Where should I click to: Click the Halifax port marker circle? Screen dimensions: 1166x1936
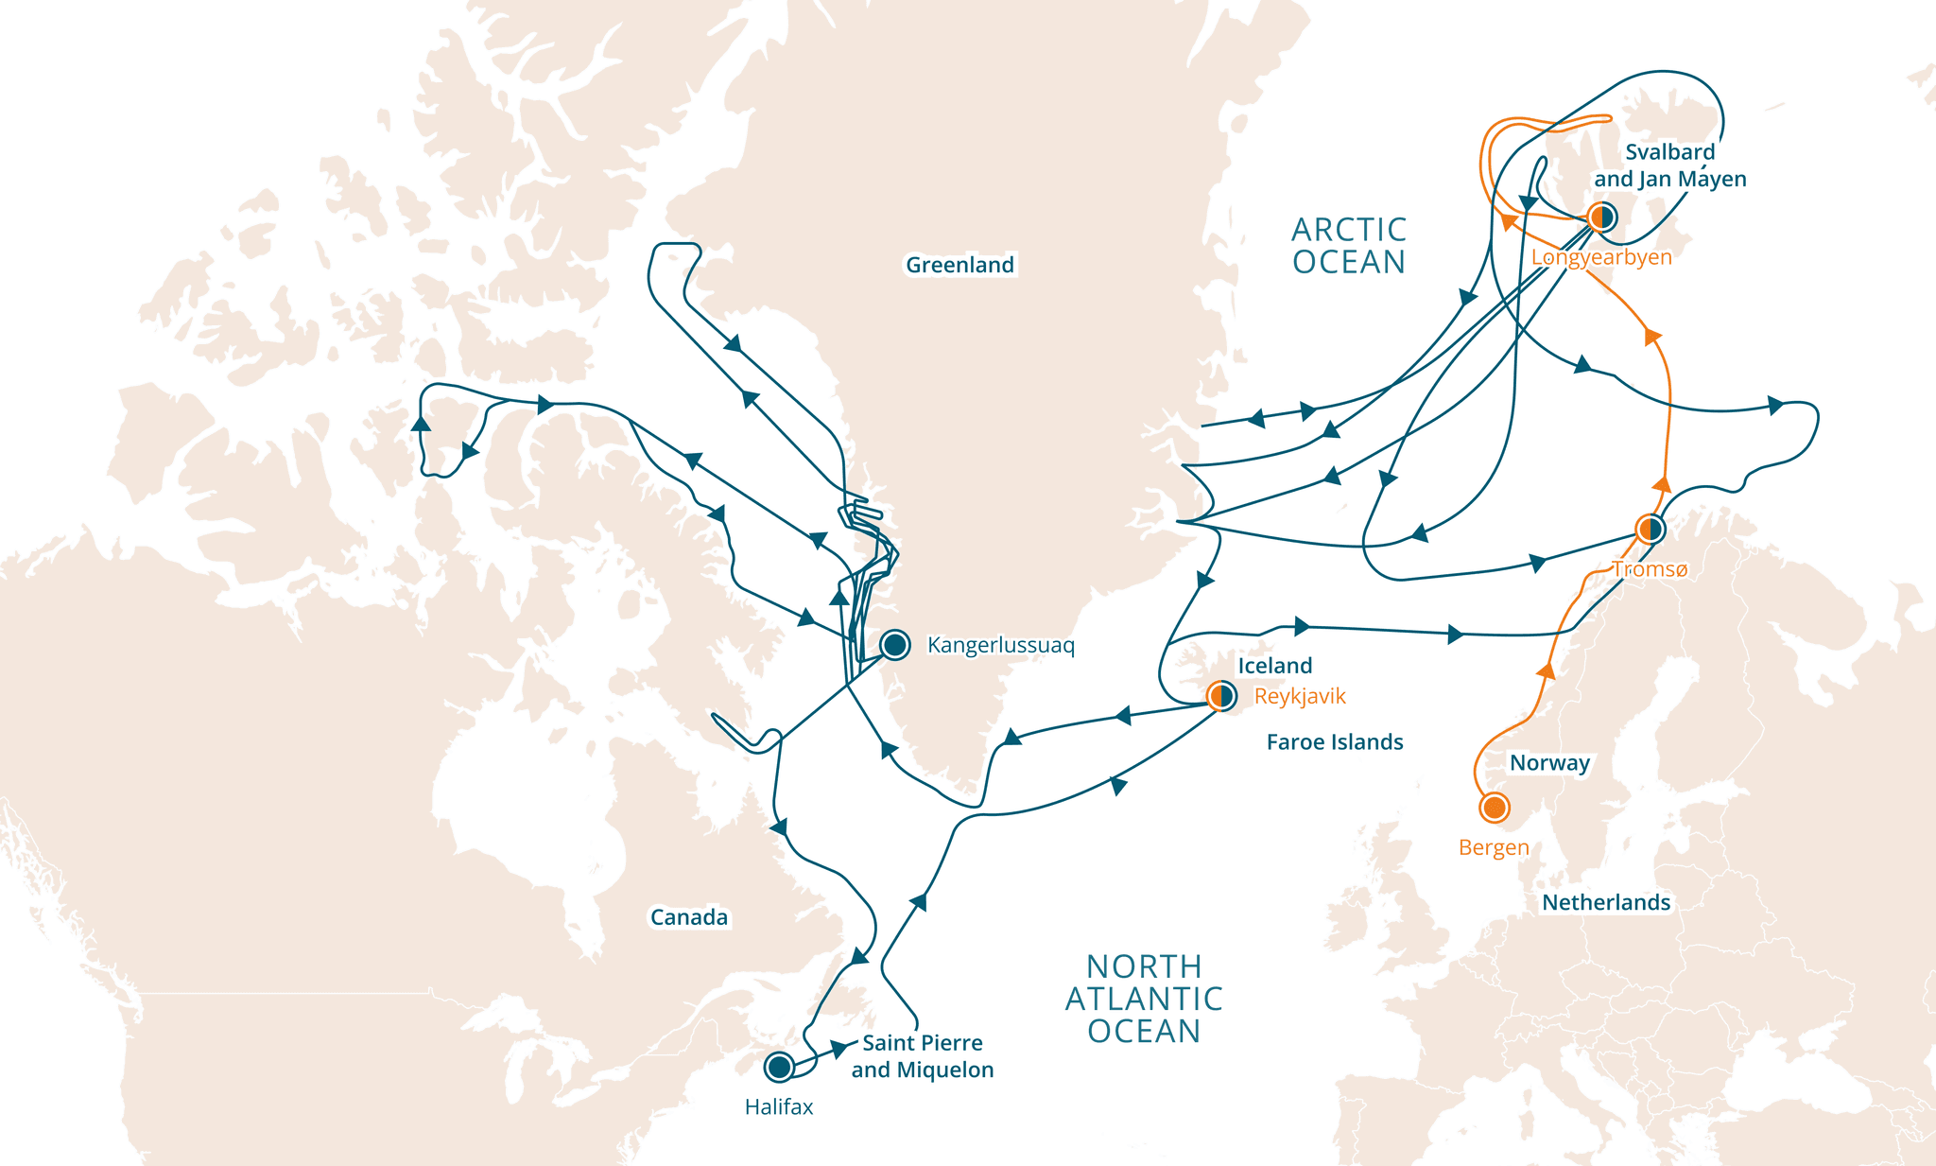(x=779, y=1067)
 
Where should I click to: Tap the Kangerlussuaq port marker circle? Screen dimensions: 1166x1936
(x=894, y=645)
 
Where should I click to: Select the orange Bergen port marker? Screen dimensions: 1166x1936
(x=1494, y=808)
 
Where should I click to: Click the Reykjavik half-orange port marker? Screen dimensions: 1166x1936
(x=1222, y=697)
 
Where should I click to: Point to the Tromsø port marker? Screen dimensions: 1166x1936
(x=1650, y=529)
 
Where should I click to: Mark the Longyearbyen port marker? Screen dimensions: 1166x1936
(x=1601, y=218)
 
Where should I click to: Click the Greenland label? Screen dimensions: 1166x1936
(x=959, y=265)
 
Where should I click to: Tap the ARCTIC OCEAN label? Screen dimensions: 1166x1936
(x=1349, y=246)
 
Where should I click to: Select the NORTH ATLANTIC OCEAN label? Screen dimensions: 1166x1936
(x=1144, y=999)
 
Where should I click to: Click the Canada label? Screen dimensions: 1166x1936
(x=688, y=917)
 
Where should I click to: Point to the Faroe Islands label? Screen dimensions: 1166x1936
(x=1334, y=742)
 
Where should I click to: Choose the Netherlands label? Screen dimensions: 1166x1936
(x=1606, y=902)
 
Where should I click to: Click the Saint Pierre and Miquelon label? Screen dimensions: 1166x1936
(x=922, y=1056)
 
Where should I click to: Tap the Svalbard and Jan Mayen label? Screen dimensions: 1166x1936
(x=1669, y=165)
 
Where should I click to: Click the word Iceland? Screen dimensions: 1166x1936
(x=1275, y=666)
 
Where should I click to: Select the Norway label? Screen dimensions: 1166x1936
(x=1549, y=763)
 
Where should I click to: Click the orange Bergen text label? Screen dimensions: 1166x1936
(x=1494, y=847)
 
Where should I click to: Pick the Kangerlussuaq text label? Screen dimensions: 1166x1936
(x=1000, y=645)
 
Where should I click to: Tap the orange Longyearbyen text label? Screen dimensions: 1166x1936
(x=1601, y=257)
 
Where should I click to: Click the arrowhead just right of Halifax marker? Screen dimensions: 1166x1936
(x=838, y=1049)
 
